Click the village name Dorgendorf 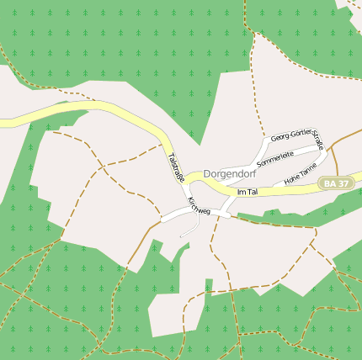(x=230, y=174)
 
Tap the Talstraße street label (x=176, y=167)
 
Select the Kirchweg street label (x=199, y=205)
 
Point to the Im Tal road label (x=247, y=193)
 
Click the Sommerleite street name (x=274, y=157)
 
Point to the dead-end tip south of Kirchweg (x=181, y=236)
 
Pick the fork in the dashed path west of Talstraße (x=104, y=166)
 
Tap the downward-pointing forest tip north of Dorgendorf (x=202, y=143)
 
